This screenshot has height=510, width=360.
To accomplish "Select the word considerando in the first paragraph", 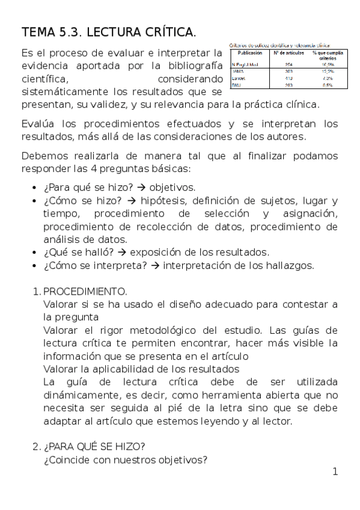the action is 189,79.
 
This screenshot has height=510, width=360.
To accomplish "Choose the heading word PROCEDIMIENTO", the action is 85,292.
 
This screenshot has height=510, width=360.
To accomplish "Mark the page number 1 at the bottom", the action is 335,472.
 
